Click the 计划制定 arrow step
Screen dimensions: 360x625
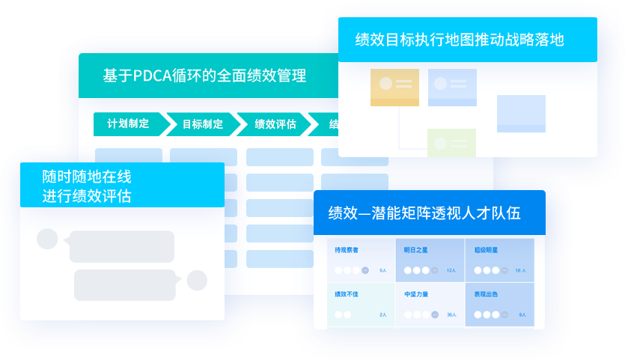point(128,124)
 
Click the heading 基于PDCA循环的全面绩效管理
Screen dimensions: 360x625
point(204,76)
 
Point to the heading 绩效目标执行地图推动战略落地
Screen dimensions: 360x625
point(460,40)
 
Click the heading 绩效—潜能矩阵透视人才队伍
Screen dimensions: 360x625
point(424,213)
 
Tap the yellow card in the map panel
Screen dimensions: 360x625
point(394,87)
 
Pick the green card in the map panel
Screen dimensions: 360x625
point(451,142)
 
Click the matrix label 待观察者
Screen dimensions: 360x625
point(347,250)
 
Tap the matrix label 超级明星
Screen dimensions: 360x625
point(487,250)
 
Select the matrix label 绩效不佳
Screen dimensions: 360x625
point(347,294)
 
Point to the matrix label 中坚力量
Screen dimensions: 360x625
point(415,294)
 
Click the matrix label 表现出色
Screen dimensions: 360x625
point(487,294)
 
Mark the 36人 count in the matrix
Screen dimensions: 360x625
point(451,315)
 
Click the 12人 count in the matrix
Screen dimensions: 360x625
point(451,270)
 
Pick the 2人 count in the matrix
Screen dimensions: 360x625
point(382,315)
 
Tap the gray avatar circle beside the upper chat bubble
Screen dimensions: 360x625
point(47,239)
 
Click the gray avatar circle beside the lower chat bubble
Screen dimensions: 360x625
point(197,281)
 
